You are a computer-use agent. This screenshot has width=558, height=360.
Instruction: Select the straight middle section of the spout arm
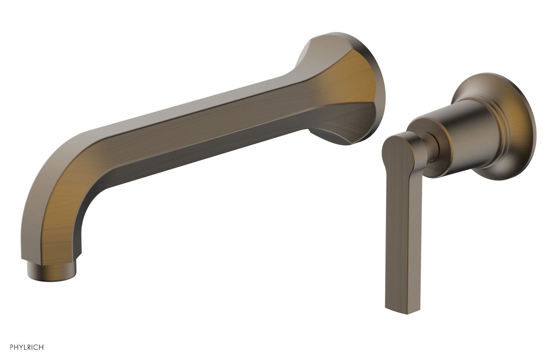click(x=209, y=122)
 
